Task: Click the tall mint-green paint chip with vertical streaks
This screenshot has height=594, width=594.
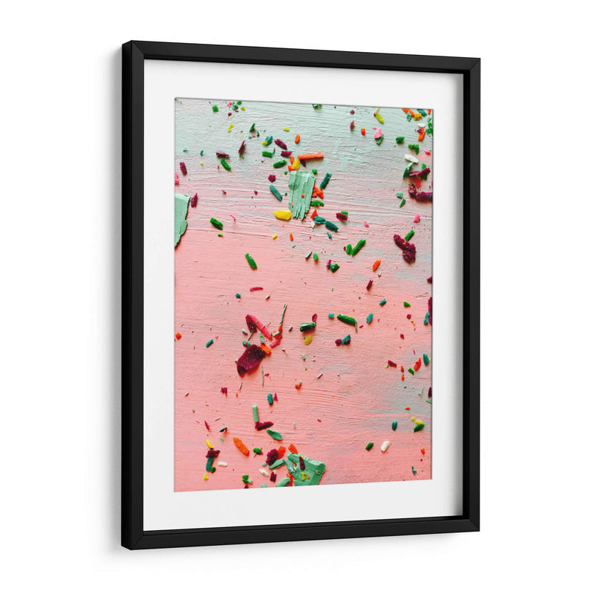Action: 301,194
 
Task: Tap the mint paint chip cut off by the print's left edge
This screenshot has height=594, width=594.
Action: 180,218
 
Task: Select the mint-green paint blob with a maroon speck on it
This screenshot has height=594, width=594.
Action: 307,469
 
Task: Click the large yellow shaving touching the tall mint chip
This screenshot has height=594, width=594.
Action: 283,215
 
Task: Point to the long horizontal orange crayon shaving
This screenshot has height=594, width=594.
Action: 310,156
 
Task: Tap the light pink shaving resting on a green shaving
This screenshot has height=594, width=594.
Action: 377,134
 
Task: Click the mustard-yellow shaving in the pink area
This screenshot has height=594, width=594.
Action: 307,339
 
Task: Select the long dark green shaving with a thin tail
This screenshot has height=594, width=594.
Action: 347,320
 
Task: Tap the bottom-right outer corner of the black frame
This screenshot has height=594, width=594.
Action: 479,531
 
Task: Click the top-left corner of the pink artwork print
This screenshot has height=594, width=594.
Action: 175,99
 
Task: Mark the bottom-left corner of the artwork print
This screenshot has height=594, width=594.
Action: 174,491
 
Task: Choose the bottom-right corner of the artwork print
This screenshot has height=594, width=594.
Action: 431,479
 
